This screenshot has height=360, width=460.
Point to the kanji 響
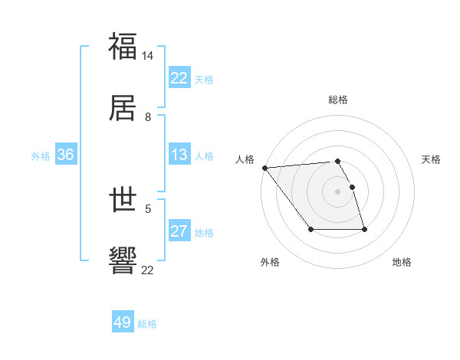(123, 260)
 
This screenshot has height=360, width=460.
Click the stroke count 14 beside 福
(148, 56)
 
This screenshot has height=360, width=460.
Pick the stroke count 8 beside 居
(148, 117)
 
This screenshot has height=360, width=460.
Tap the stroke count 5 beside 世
(148, 208)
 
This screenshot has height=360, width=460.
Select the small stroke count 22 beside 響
(148, 270)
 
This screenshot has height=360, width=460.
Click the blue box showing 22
(179, 78)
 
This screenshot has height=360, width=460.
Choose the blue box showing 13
(179, 155)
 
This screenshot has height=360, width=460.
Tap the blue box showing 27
(179, 231)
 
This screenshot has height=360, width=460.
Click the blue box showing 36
(66, 155)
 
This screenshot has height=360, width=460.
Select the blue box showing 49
(123, 322)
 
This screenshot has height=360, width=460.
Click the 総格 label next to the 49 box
(147, 324)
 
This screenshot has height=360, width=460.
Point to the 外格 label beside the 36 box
(41, 155)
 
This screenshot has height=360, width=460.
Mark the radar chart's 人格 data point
(264, 168)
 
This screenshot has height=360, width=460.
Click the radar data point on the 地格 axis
(364, 229)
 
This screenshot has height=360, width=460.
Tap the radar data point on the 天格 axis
(352, 187)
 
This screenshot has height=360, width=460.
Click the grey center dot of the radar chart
(337, 191)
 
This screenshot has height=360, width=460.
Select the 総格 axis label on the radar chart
(338, 100)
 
